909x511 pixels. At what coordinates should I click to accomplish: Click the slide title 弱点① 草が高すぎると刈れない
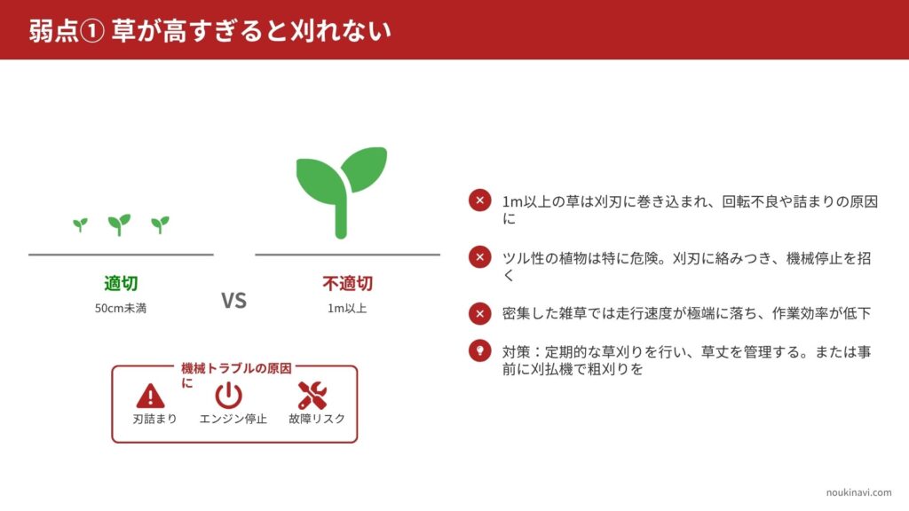coord(209,30)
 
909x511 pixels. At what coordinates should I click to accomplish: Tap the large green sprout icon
coord(342,193)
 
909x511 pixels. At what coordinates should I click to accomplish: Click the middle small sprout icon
coord(120,224)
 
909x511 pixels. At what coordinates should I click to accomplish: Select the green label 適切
coord(121,283)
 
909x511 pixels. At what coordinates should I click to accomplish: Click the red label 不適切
coord(347,283)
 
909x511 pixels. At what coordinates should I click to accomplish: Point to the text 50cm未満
coord(121,308)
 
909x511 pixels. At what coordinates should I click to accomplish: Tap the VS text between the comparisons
coord(233,300)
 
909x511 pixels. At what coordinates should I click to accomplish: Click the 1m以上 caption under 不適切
coord(347,308)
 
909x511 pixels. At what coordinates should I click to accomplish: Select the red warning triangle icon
coord(150,396)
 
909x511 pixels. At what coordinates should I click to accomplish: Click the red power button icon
coord(228,395)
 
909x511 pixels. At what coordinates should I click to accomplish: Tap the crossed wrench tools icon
coord(312,395)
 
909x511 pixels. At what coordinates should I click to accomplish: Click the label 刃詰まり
coord(154,419)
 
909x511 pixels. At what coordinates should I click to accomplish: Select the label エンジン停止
coord(233,419)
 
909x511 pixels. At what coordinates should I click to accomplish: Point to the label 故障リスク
coord(317,419)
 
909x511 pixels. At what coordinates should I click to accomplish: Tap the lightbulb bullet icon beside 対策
coord(480,350)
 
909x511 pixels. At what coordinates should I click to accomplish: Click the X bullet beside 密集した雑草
coord(480,313)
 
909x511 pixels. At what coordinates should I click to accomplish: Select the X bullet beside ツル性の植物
coord(480,256)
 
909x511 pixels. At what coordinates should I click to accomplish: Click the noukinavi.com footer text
coord(858,492)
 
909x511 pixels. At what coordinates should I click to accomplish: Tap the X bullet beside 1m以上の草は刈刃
coord(480,200)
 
